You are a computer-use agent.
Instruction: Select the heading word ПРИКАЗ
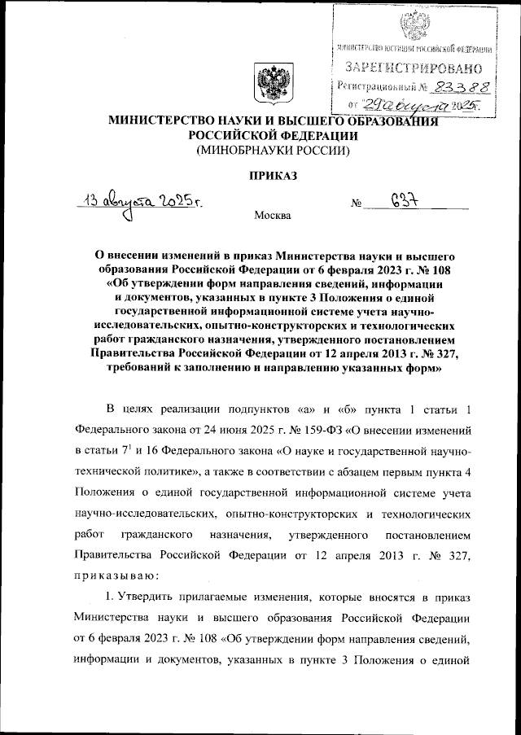(269, 173)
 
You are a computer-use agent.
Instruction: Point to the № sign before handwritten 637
(356, 204)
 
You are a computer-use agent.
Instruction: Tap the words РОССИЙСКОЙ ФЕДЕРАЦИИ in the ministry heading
(269, 136)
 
